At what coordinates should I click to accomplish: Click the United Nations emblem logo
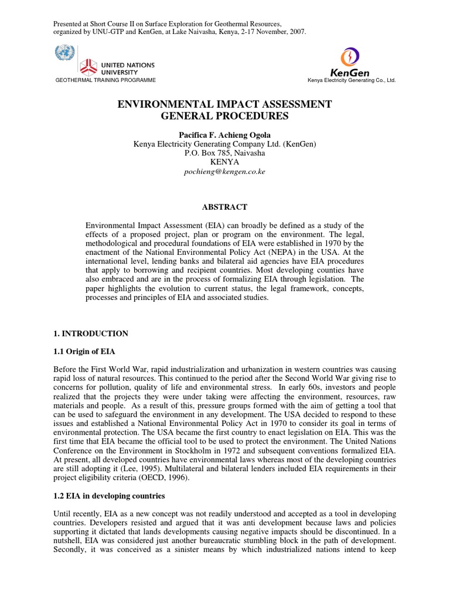(62, 53)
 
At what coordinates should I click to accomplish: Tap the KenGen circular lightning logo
(350, 57)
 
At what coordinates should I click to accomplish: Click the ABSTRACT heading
(225, 207)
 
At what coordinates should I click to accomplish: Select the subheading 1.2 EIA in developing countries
(109, 496)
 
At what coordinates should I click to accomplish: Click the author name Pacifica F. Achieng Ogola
(225, 134)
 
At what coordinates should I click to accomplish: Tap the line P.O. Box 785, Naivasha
(225, 153)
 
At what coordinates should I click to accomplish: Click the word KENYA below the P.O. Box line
(225, 162)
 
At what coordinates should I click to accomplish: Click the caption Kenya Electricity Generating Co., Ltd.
(352, 80)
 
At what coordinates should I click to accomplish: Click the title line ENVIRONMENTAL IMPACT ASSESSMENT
(225, 104)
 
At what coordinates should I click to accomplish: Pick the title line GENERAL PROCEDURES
(225, 116)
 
